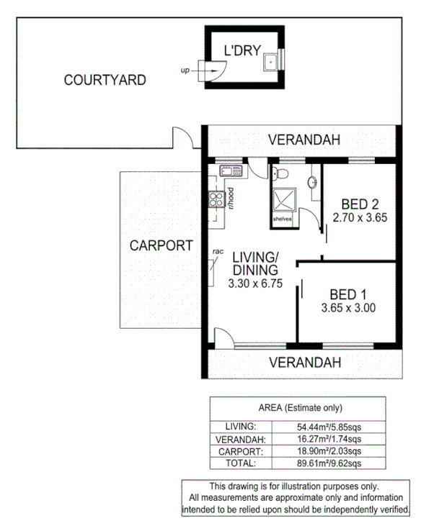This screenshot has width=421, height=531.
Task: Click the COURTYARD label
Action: pos(105,80)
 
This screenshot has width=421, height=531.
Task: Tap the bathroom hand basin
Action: pos(314,183)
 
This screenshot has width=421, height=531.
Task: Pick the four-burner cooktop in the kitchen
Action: pos(214,198)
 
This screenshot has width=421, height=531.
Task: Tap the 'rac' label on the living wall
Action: pos(217,251)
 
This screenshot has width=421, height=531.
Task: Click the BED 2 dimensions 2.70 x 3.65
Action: pos(360,216)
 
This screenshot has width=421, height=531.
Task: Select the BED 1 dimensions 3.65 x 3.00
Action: pos(348,309)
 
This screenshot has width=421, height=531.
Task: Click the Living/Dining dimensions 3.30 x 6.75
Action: pos(254,284)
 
